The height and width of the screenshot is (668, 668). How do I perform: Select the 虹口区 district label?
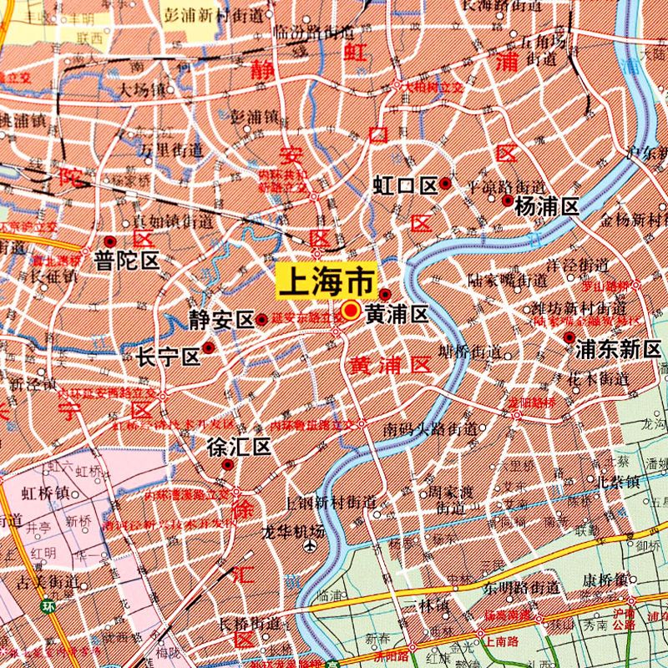[406, 185]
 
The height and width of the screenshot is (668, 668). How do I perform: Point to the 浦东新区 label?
[618, 349]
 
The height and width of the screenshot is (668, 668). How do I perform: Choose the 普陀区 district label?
[127, 260]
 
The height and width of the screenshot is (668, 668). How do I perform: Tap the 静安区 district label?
[220, 320]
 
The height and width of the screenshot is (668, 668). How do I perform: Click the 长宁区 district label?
[170, 357]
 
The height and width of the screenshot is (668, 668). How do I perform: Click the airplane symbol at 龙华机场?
[311, 547]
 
